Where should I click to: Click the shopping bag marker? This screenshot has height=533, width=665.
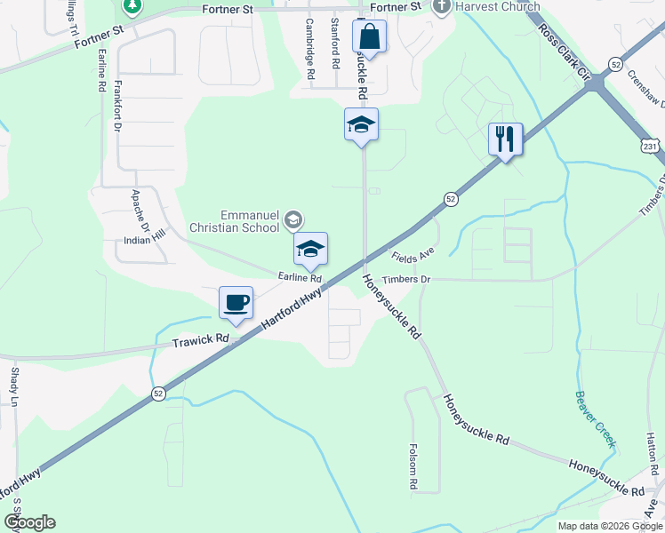pos(369,37)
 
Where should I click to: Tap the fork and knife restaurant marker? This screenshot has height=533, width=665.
pos(505,139)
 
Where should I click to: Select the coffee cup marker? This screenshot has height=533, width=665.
pos(236,303)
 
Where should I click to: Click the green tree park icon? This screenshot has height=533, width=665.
pos(132,5)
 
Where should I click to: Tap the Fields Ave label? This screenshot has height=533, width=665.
pos(413,257)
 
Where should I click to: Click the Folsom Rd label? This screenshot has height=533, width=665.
pos(414,467)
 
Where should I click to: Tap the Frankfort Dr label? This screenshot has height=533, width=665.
pos(118,107)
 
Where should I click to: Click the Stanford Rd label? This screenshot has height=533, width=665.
pos(335,43)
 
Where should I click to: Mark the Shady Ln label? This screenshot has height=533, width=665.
pos(14,388)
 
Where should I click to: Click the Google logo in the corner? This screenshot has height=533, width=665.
pos(28,522)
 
